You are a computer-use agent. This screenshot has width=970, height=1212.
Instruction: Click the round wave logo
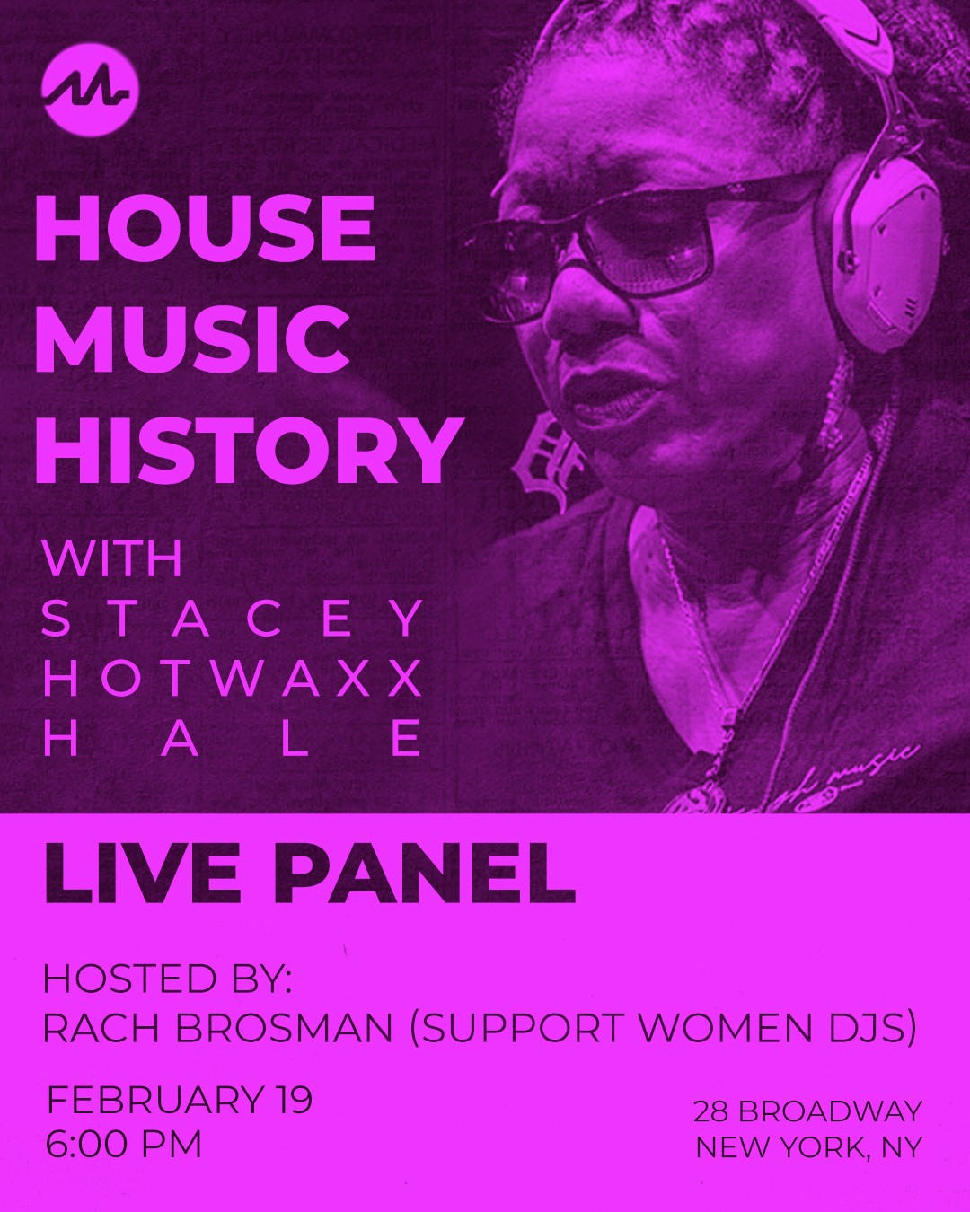click(90, 90)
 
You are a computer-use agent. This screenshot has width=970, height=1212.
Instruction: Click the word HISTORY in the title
click(247, 451)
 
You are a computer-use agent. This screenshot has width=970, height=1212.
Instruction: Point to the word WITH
click(113, 558)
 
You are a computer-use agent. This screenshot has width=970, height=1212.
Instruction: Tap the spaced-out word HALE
click(233, 738)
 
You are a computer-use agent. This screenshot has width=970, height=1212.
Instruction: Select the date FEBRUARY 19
click(180, 1100)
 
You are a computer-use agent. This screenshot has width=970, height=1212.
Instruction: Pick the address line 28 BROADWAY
click(807, 1111)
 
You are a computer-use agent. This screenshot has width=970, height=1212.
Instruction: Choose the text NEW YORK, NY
click(809, 1147)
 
